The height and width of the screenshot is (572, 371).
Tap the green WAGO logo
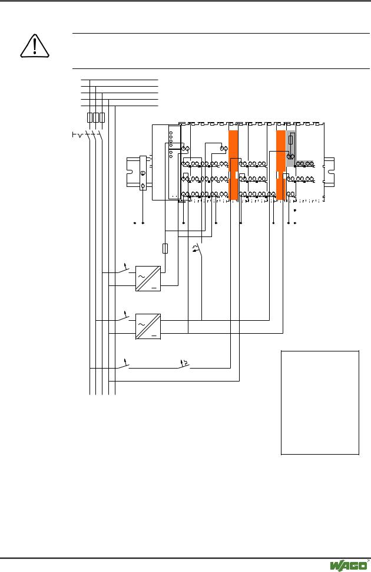tap(349, 565)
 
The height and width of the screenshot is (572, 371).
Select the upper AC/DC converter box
tap(148, 278)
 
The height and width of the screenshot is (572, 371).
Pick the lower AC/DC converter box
tap(148, 327)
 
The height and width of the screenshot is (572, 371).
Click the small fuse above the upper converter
tap(165, 248)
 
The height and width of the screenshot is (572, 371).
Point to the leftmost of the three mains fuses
tap(90, 117)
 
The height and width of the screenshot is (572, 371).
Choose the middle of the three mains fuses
tap(96, 117)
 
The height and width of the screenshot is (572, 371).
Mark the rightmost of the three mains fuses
tap(102, 117)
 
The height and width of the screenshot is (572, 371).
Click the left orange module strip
tap(233, 165)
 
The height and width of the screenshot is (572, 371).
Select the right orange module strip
tap(281, 165)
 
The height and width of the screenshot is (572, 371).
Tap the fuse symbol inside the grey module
tap(291, 140)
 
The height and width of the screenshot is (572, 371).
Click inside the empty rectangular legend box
tap(320, 403)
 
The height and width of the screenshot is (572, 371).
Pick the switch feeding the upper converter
tap(122, 270)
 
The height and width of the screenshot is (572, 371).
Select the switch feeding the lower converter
tap(122, 318)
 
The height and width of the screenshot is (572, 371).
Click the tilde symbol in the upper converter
tap(141, 277)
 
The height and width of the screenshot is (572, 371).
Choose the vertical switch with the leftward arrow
tap(198, 250)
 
